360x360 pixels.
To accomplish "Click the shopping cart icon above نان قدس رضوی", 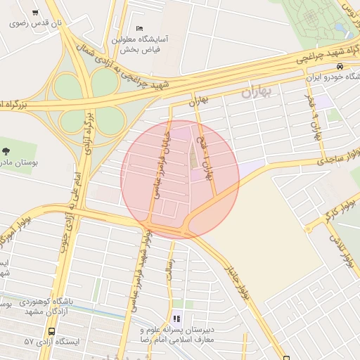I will (x=36, y=13).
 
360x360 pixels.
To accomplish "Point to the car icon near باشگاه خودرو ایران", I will (x=340, y=67).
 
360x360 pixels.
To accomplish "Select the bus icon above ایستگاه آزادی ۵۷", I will (x=51, y=331).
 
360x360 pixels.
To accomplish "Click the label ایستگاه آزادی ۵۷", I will (x=52, y=341).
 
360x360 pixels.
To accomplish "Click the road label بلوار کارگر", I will (x=320, y=221).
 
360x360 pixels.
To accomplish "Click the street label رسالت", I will (x=169, y=269).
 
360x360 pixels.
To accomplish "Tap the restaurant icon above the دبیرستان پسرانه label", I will (x=176, y=319).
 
